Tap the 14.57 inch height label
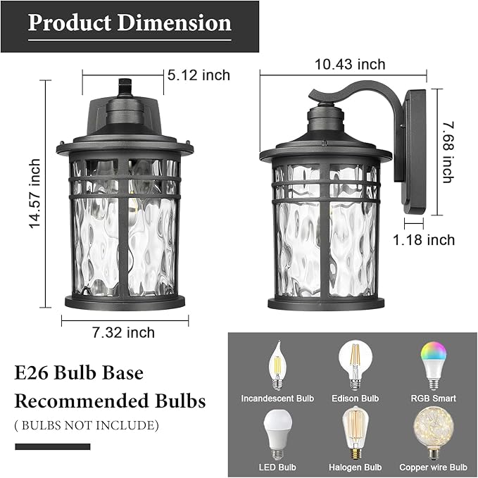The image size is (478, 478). [34, 194]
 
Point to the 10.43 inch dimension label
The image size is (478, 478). [350, 65]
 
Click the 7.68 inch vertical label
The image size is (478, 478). [446, 151]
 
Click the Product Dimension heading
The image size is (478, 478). [130, 23]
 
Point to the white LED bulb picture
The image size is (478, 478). [277, 433]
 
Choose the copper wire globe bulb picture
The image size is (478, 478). [432, 433]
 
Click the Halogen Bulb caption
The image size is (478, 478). [355, 467]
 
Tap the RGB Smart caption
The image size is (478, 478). [433, 398]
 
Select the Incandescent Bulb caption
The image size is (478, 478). [277, 398]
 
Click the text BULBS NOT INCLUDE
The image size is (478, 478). [87, 425]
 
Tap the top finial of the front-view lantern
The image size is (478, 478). [125, 86]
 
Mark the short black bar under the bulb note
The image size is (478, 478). [53, 446]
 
